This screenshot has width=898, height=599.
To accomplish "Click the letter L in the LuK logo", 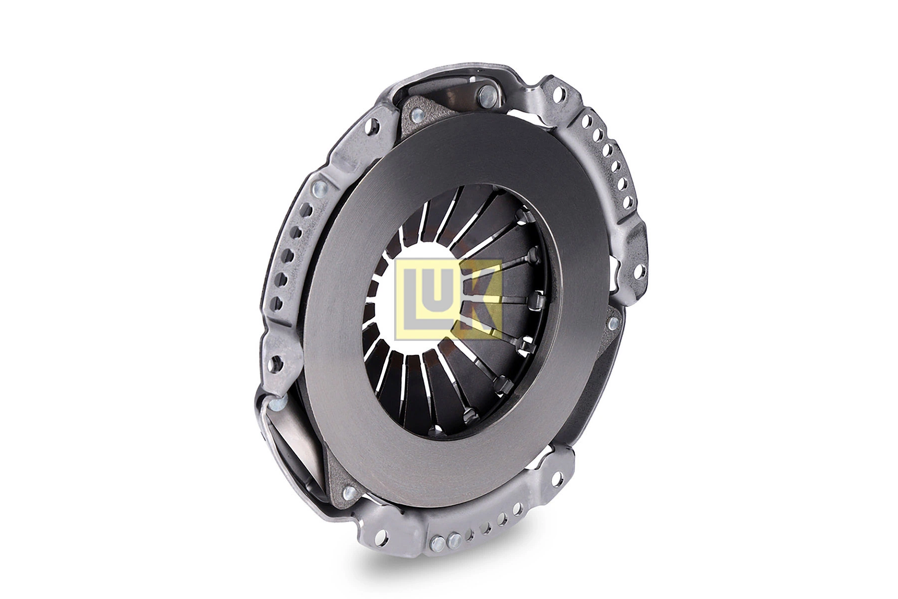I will (410, 304).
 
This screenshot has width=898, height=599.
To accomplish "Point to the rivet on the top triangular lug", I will (415, 116).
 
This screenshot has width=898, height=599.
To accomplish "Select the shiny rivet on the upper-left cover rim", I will (319, 189).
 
